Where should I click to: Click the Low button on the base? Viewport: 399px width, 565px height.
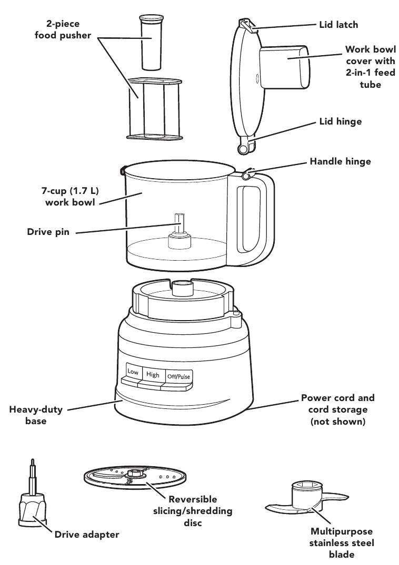click(133, 372)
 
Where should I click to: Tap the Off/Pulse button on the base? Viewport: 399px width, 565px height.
click(179, 376)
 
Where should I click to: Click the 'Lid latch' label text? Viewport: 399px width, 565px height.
click(338, 25)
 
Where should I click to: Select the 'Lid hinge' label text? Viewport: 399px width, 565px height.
click(341, 121)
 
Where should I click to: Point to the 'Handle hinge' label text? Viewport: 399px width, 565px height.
click(340, 161)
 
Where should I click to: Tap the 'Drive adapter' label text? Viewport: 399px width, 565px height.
click(87, 535)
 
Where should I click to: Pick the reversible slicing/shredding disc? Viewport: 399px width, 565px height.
click(136, 477)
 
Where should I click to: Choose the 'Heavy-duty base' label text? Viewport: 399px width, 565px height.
click(36, 415)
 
